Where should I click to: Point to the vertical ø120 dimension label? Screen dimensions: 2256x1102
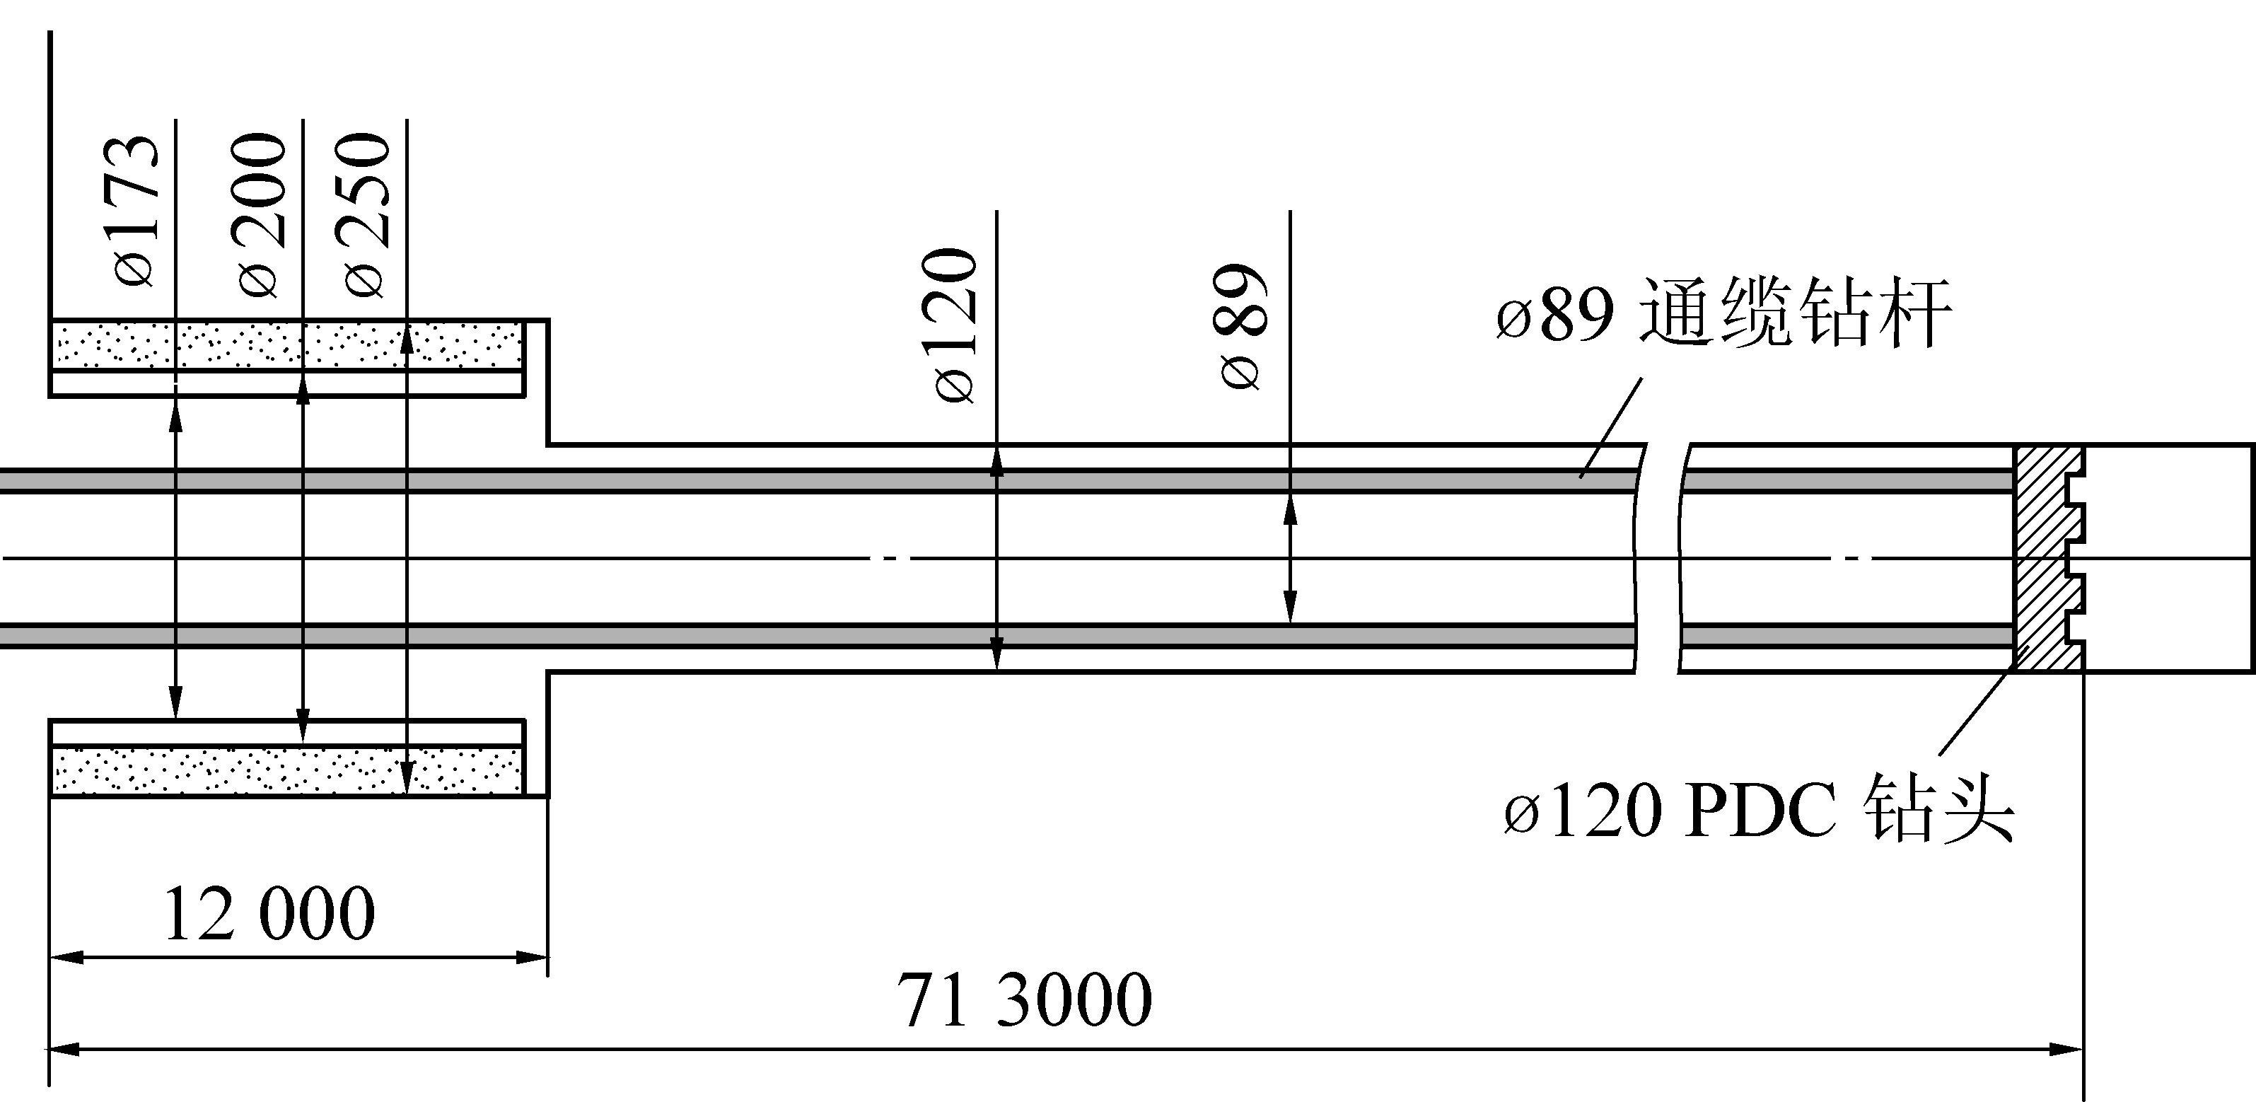(x=955, y=325)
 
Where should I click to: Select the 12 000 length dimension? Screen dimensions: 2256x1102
(x=269, y=914)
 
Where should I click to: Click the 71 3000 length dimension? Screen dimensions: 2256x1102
(x=1024, y=999)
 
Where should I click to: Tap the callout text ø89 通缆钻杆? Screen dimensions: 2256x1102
(x=1723, y=313)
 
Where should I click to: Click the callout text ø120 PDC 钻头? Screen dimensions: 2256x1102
(x=1760, y=808)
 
